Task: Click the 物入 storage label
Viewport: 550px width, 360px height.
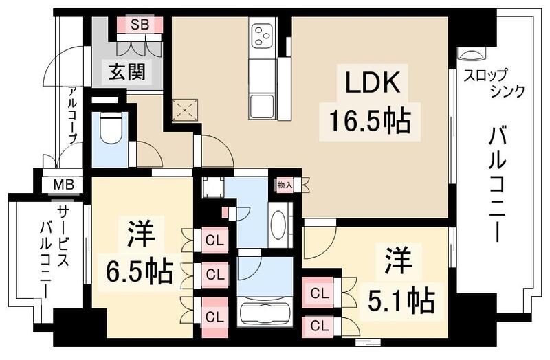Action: (285, 184)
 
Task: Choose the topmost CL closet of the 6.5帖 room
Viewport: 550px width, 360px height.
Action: (214, 240)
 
